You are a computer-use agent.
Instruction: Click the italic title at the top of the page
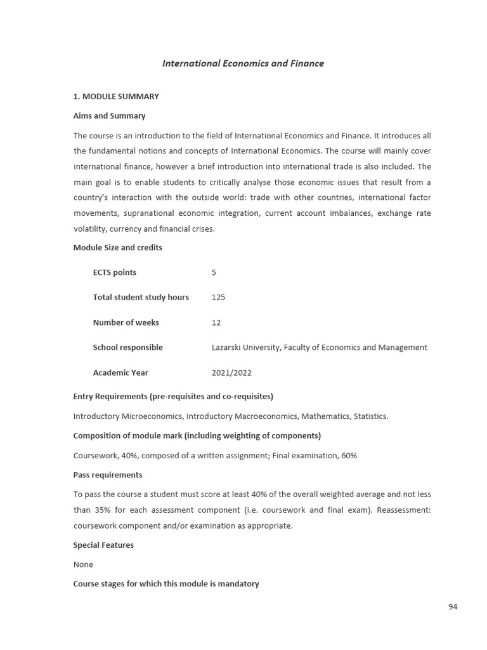[x=243, y=63]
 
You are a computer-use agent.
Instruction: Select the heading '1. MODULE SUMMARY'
[x=116, y=96]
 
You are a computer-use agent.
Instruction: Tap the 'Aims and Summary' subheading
[x=109, y=116]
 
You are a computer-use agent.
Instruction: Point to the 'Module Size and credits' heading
[x=117, y=248]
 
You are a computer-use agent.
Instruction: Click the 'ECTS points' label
[x=114, y=272]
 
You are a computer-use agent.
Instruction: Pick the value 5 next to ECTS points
[x=214, y=272]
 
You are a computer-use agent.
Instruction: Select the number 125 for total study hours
[x=218, y=297]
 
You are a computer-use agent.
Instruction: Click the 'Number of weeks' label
[x=126, y=322]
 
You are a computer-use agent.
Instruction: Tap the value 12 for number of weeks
[x=216, y=322]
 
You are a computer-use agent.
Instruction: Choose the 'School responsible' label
[x=127, y=347]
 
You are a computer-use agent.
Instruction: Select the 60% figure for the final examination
[x=349, y=456]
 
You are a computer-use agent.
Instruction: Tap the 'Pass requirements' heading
[x=108, y=475]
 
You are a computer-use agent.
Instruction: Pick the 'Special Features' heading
[x=103, y=545]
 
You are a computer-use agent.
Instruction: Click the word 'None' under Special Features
[x=83, y=564]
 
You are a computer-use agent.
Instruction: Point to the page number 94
[x=453, y=607]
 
